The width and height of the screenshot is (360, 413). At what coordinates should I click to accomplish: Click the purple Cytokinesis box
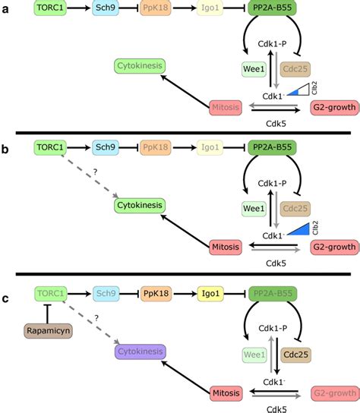pos(141,352)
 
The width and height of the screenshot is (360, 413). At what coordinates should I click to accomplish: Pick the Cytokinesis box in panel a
pos(141,66)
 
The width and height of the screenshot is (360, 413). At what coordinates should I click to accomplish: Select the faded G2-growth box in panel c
pos(333,393)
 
